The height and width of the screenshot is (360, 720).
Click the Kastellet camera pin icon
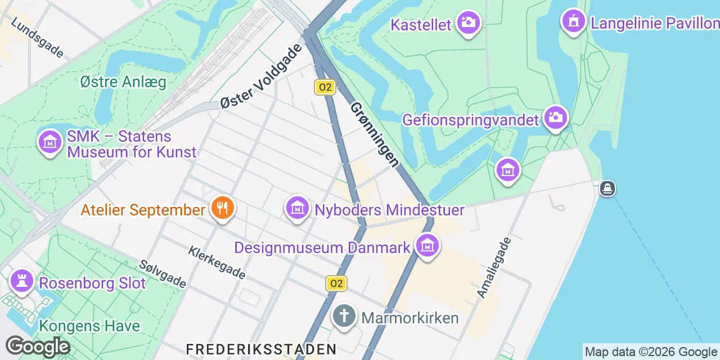(468, 23)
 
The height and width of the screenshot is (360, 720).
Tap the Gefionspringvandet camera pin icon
(555, 117)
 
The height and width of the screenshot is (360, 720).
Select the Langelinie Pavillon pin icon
(573, 21)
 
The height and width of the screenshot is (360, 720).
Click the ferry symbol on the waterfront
(607, 188)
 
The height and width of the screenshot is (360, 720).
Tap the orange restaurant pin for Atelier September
(223, 208)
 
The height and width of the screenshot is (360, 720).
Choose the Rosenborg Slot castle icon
(22, 282)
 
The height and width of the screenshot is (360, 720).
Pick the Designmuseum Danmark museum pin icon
(427, 246)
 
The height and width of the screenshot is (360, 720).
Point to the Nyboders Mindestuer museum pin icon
(298, 209)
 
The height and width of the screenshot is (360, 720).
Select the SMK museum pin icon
(49, 142)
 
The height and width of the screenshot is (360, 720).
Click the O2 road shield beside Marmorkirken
(336, 283)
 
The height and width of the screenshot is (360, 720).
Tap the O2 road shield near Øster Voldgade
(325, 87)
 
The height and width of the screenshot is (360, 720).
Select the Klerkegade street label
(217, 263)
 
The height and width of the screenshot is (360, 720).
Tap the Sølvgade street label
(163, 274)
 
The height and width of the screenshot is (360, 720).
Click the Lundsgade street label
(37, 37)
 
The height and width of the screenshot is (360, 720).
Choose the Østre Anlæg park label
(123, 82)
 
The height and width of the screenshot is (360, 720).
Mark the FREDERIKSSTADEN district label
(261, 349)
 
